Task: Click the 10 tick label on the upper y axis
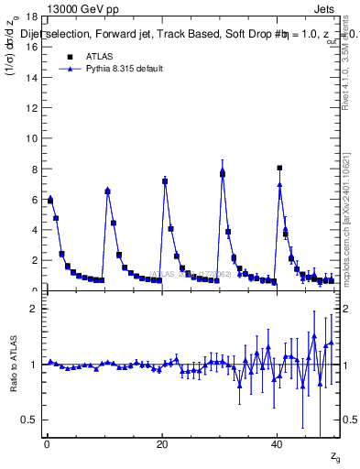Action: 31,138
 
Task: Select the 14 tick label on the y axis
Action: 31,78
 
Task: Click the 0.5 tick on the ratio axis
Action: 28,420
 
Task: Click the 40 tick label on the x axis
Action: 278,446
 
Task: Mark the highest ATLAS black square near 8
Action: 279,168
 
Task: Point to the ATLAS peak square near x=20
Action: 165,181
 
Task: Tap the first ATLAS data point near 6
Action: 50,200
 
